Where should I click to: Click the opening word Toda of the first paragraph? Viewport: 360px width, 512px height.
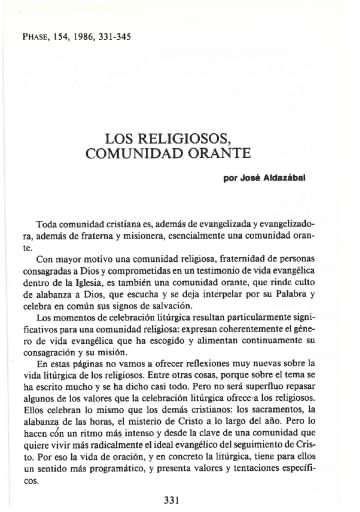click(48, 229)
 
